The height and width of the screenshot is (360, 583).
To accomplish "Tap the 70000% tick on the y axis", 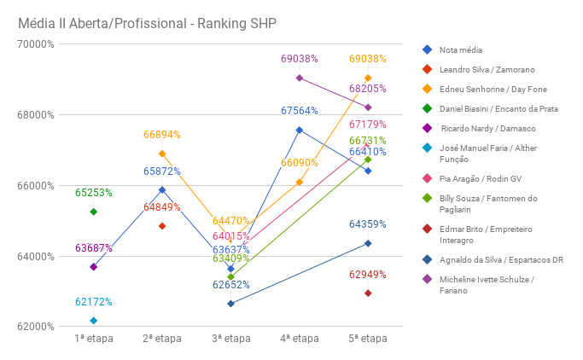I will (36, 44).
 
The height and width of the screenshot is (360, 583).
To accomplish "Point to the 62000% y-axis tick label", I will (36, 327).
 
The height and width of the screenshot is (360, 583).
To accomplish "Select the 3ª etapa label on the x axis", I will (230, 339).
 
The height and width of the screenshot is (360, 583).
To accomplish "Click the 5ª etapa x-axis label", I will (368, 339).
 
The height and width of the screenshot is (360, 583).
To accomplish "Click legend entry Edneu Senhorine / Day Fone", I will (493, 90).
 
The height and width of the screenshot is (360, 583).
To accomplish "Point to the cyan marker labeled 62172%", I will (94, 321).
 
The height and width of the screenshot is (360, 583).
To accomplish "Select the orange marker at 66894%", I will (162, 154).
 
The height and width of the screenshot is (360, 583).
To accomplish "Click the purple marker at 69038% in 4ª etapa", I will (300, 78).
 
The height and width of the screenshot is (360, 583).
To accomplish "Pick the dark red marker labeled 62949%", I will (368, 293).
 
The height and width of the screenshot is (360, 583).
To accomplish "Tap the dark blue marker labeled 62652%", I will (230, 304).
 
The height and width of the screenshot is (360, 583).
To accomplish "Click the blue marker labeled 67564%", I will (300, 130).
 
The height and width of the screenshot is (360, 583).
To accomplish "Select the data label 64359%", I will (368, 224).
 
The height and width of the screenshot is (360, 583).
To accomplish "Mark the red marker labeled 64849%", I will (162, 226).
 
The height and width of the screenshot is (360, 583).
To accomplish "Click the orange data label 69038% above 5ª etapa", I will (368, 59).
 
